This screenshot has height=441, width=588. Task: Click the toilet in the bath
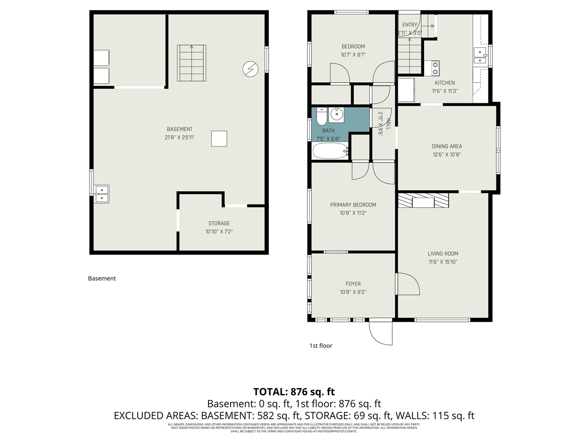[322, 117]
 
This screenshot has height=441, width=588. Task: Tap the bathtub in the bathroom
[330, 150]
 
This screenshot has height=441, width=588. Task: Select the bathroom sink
[337, 114]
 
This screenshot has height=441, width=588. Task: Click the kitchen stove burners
[435, 68]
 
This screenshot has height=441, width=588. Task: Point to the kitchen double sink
[480, 56]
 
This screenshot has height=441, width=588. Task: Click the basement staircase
[192, 63]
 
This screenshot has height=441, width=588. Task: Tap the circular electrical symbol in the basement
[250, 69]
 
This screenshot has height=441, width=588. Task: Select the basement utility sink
[101, 194]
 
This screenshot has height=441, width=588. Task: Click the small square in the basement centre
[219, 139]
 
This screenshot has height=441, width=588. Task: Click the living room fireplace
[423, 201]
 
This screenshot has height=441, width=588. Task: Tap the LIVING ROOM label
[443, 254]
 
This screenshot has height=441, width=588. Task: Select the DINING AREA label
[447, 147]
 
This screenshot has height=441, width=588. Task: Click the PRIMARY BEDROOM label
[353, 205]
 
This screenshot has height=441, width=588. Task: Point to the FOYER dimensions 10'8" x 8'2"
[353, 292]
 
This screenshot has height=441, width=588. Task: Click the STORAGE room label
[219, 224]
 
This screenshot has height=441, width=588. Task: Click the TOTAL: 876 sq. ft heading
[294, 392]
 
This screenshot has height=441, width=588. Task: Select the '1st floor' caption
[321, 346]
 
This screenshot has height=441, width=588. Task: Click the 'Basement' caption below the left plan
[102, 278]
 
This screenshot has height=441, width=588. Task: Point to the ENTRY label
[410, 25]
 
